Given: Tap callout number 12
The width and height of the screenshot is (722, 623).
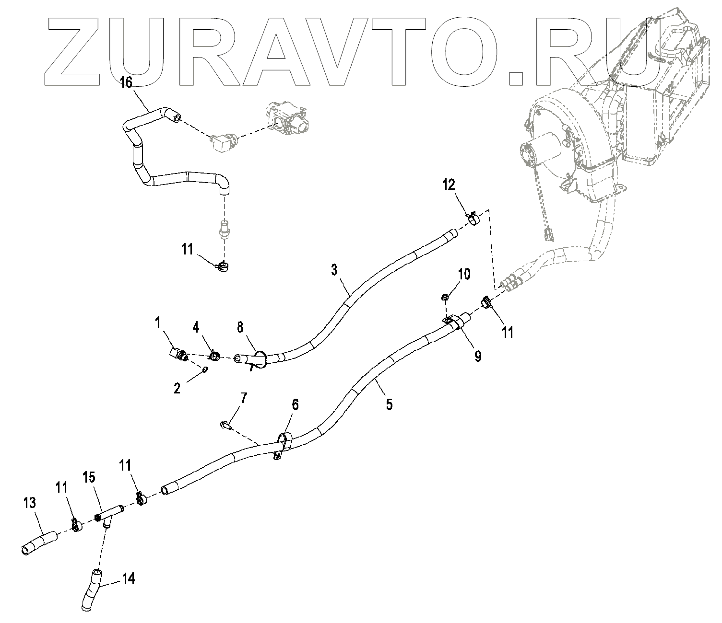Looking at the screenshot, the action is pyautogui.click(x=449, y=185).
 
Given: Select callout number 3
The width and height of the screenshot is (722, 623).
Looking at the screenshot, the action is pyautogui.click(x=334, y=270).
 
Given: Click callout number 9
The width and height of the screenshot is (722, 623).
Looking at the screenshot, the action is pyautogui.click(x=477, y=356).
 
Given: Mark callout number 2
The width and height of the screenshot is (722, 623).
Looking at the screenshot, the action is pyautogui.click(x=177, y=388).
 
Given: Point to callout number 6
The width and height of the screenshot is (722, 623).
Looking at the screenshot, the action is pyautogui.click(x=295, y=405).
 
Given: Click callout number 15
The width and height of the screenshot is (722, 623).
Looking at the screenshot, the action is pyautogui.click(x=88, y=477).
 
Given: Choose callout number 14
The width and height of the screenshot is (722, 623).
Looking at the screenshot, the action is pyautogui.click(x=128, y=578).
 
